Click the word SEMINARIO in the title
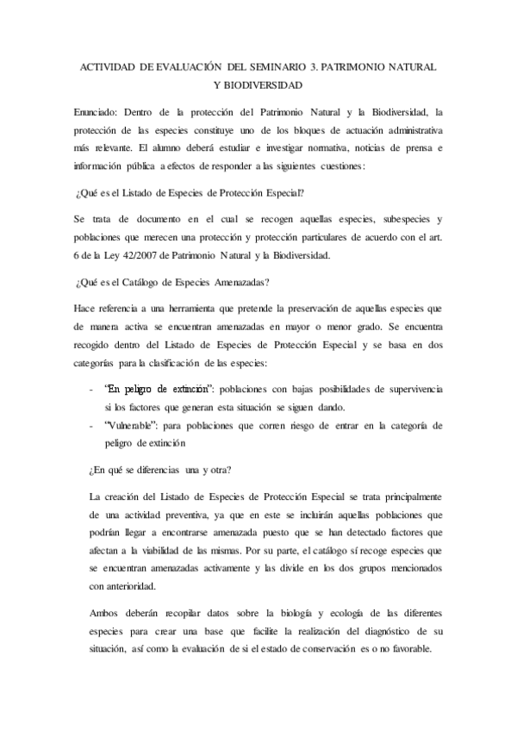276,66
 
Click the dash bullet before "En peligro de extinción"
91,390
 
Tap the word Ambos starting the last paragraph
106,613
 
